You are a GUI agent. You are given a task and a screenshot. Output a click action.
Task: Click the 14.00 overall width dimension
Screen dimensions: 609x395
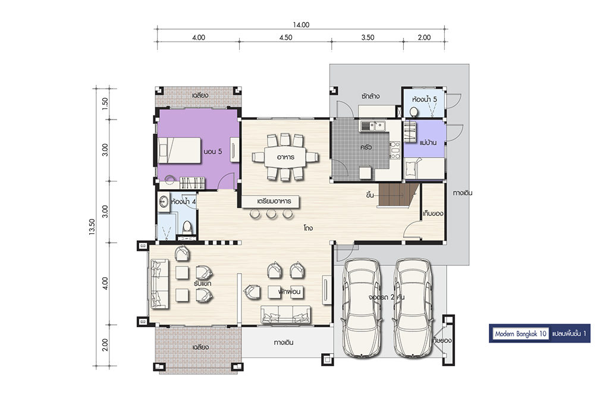point(301,25)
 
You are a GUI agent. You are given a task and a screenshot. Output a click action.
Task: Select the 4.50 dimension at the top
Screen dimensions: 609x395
point(285,37)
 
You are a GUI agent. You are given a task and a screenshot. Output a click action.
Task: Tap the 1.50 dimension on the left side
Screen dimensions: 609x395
point(105,104)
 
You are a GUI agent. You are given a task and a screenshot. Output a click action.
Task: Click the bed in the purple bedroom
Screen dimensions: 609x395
point(179,151)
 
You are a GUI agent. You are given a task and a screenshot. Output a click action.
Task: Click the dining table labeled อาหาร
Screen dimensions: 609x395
point(285,157)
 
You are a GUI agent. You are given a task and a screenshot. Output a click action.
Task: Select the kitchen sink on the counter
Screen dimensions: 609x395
point(372,126)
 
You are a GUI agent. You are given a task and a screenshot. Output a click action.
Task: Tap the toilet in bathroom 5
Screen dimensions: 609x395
point(414,112)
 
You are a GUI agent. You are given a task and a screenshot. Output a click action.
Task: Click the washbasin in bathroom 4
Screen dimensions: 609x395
point(164,202)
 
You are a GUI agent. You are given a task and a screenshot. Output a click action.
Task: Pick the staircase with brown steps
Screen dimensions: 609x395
point(398,195)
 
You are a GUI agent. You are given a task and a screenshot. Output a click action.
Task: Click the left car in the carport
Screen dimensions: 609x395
point(361,308)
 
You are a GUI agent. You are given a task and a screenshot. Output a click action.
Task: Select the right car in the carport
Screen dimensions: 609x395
point(413,308)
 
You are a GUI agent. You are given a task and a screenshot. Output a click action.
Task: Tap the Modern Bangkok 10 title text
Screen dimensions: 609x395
point(520,334)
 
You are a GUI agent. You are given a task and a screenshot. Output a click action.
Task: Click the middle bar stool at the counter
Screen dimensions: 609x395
point(271,213)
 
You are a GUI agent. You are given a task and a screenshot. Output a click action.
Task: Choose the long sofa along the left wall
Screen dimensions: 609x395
point(159,284)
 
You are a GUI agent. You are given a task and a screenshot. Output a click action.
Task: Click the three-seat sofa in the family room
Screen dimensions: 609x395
point(286,315)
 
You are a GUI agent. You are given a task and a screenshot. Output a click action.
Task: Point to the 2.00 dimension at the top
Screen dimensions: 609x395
point(424,37)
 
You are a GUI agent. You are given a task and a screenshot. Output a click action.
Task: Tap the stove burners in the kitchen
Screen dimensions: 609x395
point(395,150)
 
